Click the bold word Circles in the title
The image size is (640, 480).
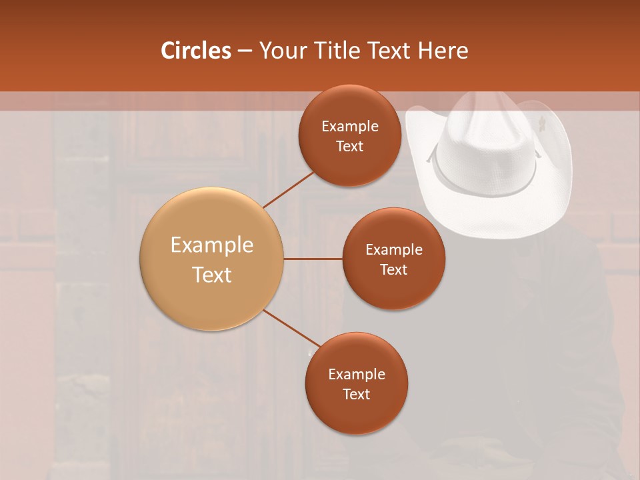click(x=196, y=51)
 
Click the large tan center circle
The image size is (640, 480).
click(x=212, y=259)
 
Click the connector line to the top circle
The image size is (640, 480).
click(x=289, y=189)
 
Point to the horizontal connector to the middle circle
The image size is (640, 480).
click(x=313, y=259)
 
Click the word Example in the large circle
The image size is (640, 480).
click(x=212, y=245)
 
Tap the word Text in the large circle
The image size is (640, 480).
click(x=212, y=275)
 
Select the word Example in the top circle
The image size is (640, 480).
click(x=349, y=127)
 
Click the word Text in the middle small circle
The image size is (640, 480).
click(x=393, y=270)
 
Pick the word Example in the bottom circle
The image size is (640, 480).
click(x=356, y=375)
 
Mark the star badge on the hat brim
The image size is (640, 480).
click(x=541, y=123)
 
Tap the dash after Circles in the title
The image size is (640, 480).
click(x=245, y=51)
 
